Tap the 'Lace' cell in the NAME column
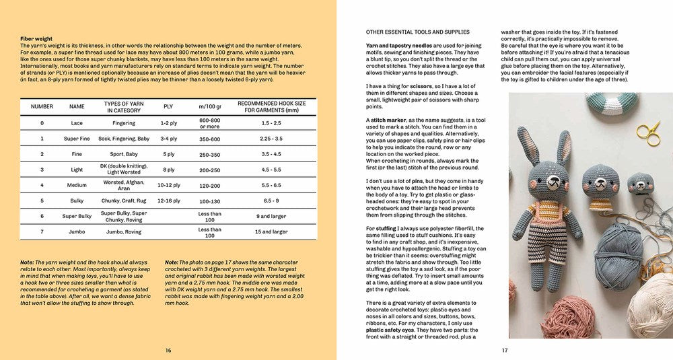pos(77,123)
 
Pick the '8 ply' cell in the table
pos(168,170)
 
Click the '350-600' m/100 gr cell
pos(209,139)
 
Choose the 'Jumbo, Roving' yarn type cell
pos(124,231)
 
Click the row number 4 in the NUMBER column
pos(42,185)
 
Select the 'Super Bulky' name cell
pos(77,216)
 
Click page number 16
pos(168,351)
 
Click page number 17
pos(504,351)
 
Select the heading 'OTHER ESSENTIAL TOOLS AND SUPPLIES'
pos(418,32)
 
